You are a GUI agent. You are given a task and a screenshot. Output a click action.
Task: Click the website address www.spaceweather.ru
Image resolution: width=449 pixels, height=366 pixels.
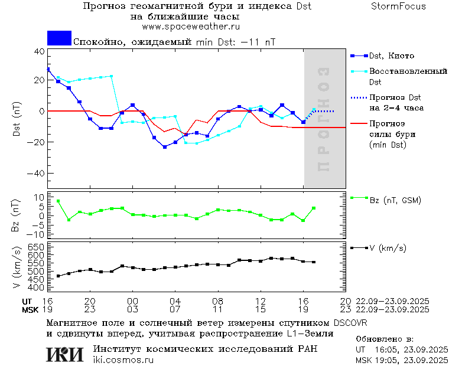pyautogui.click(x=191, y=27)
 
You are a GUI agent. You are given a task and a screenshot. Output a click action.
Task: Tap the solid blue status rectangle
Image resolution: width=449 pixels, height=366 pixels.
pyautogui.click(x=59, y=38)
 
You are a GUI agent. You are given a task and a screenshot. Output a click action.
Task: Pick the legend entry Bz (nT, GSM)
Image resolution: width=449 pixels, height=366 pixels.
pyautogui.click(x=395, y=200)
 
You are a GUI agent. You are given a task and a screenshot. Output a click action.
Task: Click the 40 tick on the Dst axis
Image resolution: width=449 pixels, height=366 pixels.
pyautogui.click(x=39, y=51)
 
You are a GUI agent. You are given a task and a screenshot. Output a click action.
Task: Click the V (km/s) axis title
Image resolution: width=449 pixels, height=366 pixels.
pyautogui.click(x=16, y=269)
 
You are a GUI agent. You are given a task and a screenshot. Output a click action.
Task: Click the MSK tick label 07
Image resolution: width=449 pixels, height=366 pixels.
pyautogui.click(x=175, y=309)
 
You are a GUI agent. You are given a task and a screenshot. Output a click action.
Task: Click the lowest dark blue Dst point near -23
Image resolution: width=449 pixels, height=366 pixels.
pyautogui.click(x=165, y=146)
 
